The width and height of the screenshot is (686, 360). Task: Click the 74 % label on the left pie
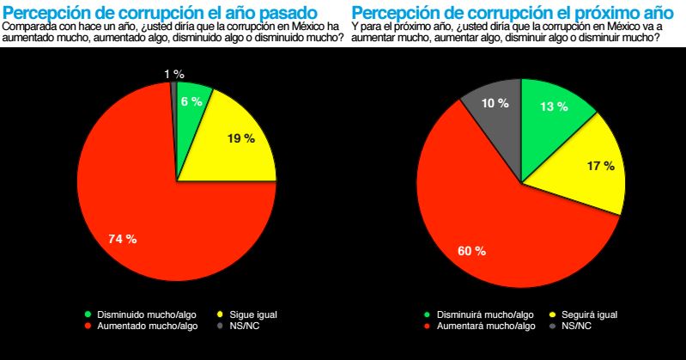[122, 239]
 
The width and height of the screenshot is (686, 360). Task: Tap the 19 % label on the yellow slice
[241, 138]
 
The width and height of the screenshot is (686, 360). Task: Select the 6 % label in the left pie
[190, 101]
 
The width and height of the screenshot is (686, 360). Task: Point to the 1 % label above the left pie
[173, 75]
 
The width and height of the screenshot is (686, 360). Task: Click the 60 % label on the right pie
[471, 252]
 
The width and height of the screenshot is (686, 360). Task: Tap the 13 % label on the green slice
[553, 107]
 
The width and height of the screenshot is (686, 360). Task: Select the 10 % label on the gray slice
[495, 102]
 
